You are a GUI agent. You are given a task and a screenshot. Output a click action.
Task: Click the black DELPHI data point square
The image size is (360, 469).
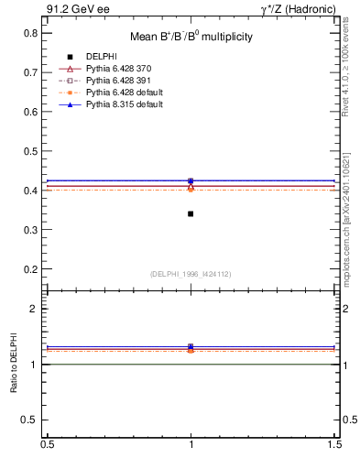point(191,213)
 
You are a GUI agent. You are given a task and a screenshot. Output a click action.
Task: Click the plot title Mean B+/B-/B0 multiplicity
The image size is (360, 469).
point(191,38)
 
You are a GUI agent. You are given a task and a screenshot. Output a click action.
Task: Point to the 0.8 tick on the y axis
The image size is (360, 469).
point(31,32)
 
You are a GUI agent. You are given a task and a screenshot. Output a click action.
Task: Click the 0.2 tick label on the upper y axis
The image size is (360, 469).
point(31,270)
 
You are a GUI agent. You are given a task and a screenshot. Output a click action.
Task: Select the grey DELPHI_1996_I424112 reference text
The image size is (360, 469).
point(191,274)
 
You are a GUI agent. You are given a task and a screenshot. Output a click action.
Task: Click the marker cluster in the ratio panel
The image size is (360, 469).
point(191,348)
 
